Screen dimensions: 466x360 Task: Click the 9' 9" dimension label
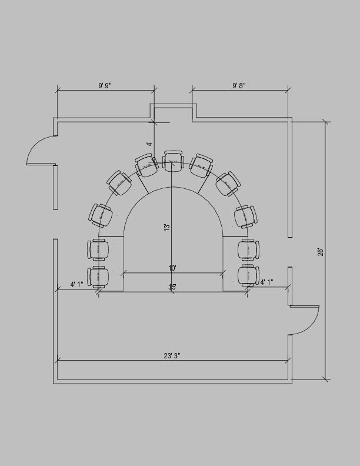[x=105, y=86]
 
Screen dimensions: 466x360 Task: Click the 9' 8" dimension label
[x=239, y=86]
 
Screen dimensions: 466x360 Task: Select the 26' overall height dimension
[x=321, y=252]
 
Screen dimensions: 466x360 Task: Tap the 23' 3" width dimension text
[x=172, y=355]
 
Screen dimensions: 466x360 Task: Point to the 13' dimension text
[x=167, y=227]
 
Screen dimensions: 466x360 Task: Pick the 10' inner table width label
[x=172, y=268]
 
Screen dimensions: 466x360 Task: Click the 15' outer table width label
[x=172, y=287]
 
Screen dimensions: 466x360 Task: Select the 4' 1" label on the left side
[x=76, y=284]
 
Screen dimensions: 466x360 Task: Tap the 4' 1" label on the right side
[x=267, y=282]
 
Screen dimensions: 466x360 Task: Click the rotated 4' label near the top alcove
[x=149, y=143]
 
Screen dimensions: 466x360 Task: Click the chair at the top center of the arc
[x=173, y=161]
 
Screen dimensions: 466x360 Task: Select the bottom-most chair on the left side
[x=98, y=276]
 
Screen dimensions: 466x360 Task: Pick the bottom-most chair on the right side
[x=248, y=275]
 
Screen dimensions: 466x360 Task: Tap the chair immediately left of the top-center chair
[x=146, y=165]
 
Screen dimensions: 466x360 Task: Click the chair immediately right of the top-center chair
[x=201, y=165]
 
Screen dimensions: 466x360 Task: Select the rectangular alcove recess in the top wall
[x=173, y=113]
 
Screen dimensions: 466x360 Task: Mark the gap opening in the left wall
[x=55, y=224]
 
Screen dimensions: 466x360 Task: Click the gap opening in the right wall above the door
[x=289, y=252]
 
